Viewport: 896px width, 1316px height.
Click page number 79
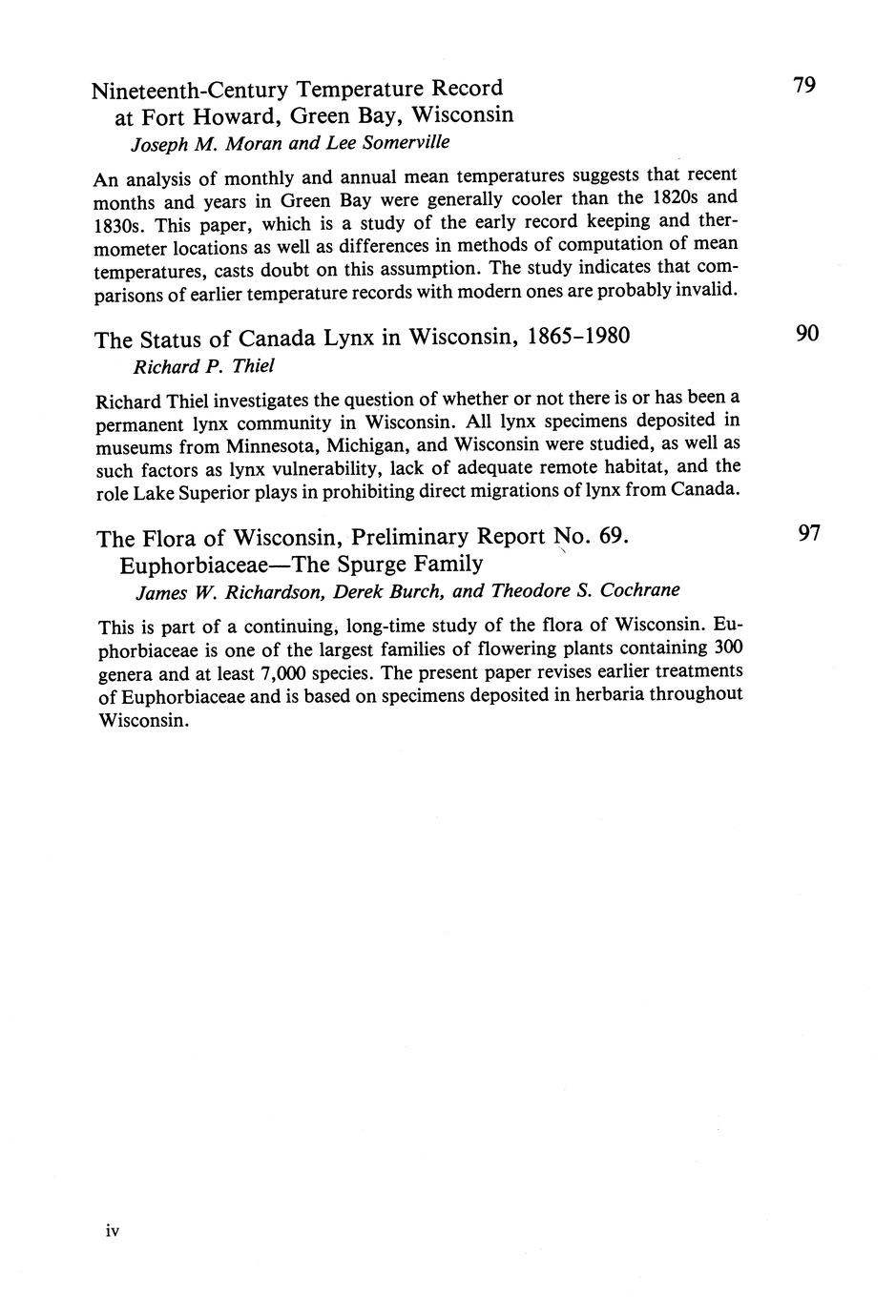pyautogui.click(x=804, y=86)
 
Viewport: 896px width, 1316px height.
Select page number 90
pyautogui.click(x=807, y=334)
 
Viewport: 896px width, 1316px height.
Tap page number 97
pyautogui.click(x=809, y=533)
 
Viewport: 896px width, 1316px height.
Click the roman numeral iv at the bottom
pyautogui.click(x=112, y=1231)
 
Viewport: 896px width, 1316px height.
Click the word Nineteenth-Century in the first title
pyautogui.click(x=189, y=91)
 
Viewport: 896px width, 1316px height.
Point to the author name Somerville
pyautogui.click(x=387, y=142)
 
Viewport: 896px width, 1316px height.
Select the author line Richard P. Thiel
pyautogui.click(x=189, y=366)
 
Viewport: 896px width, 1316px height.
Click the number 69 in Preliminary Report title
pyautogui.click(x=611, y=536)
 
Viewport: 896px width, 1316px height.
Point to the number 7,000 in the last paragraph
pyautogui.click(x=288, y=672)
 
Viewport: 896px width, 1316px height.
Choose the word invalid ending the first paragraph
pyautogui.click(x=706, y=289)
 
